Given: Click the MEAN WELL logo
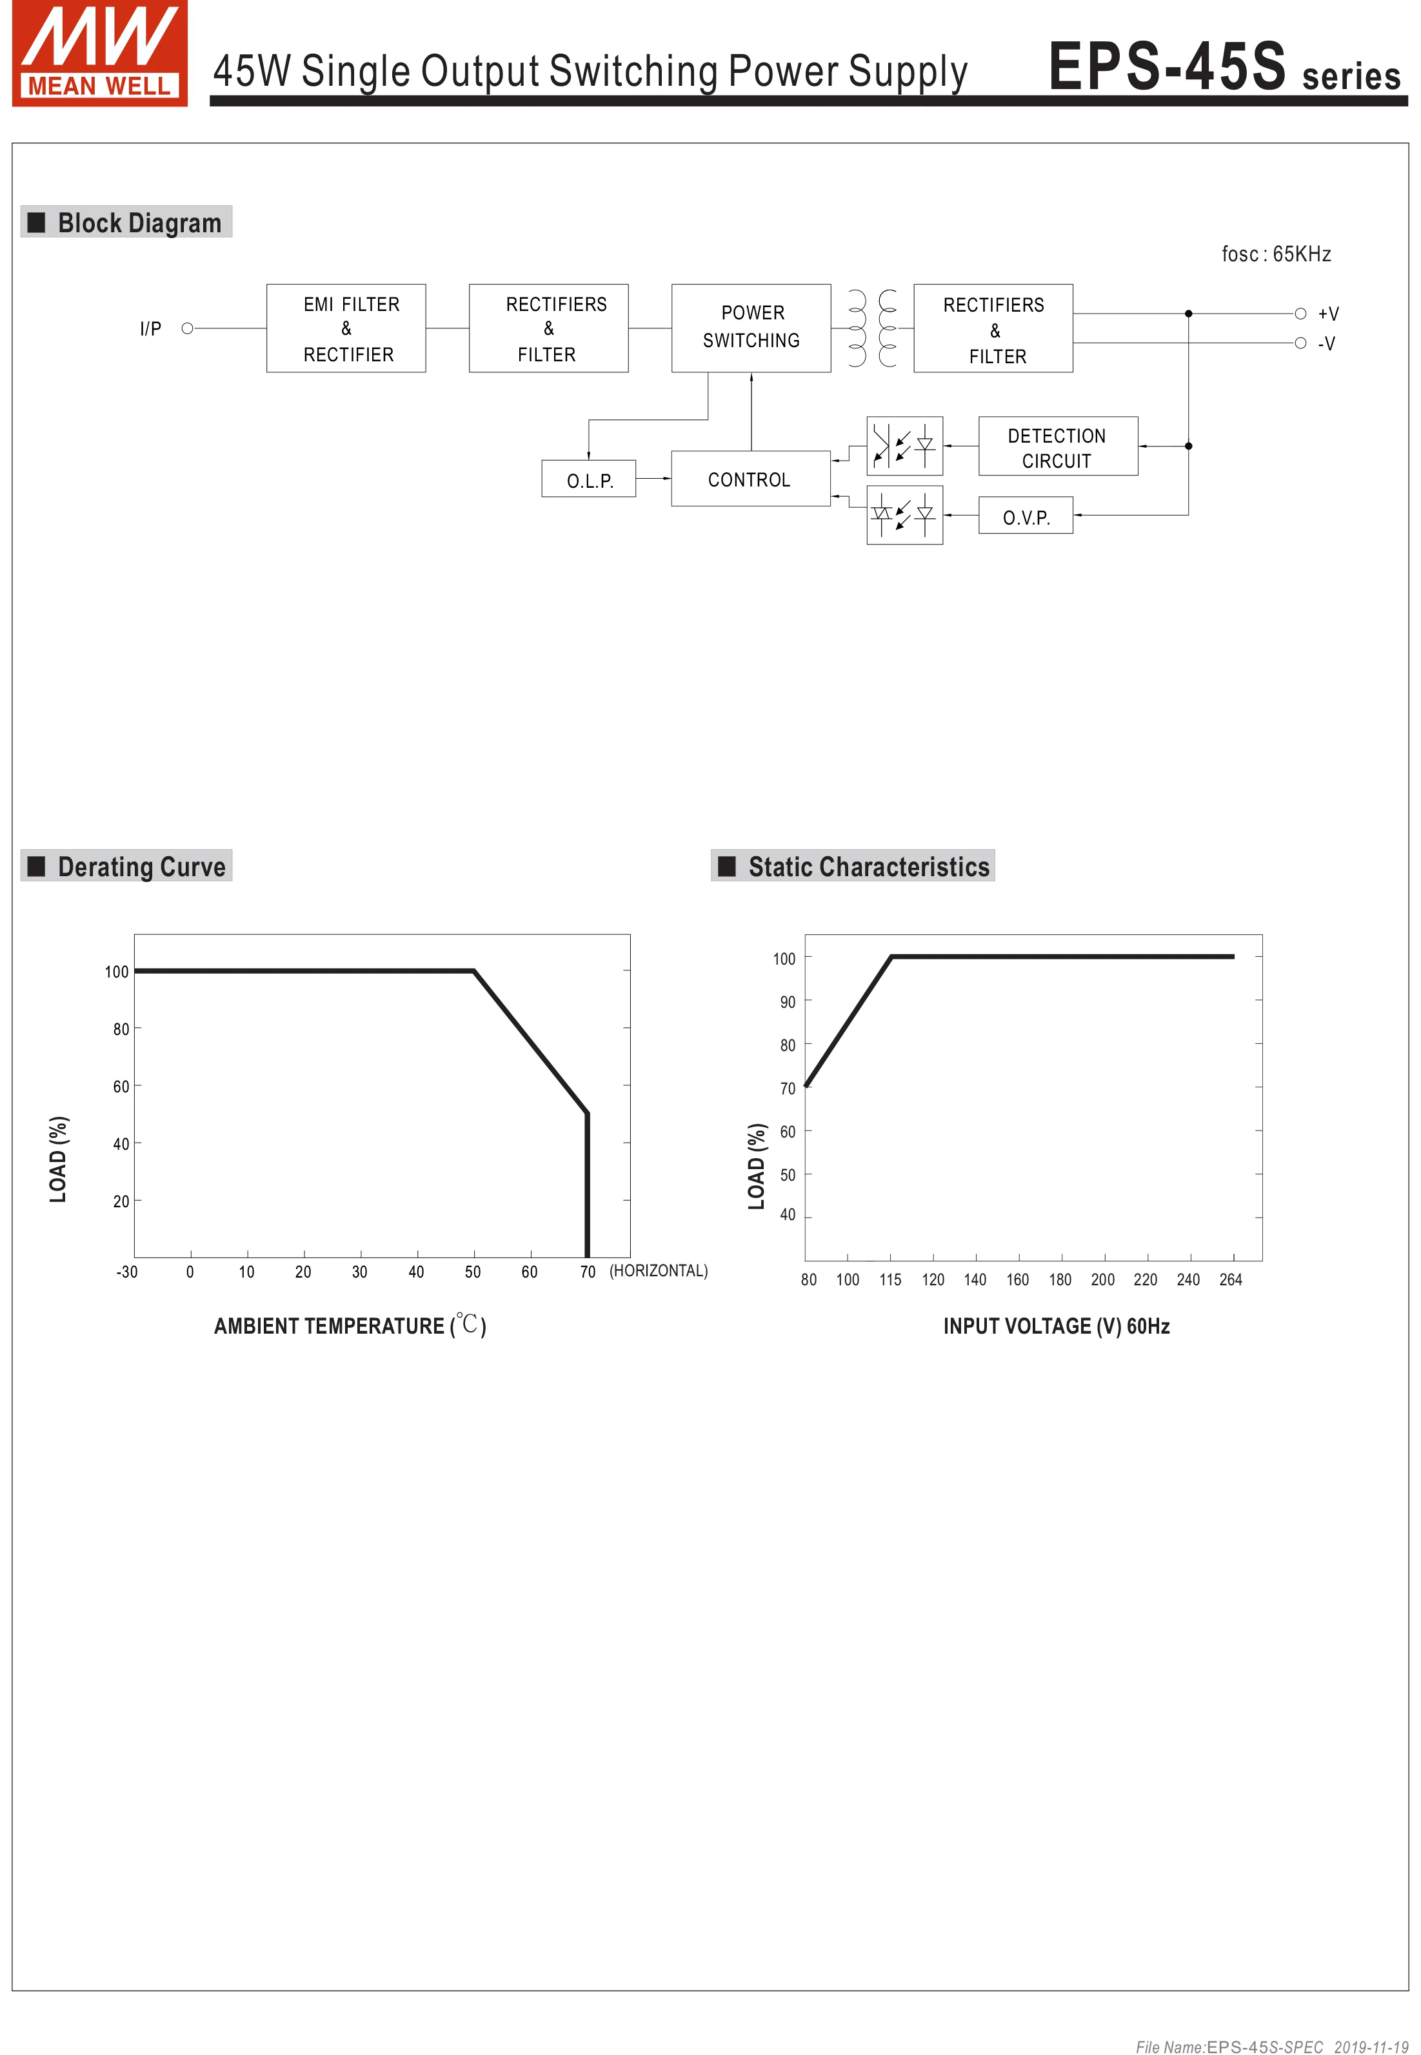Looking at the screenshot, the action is click(100, 54).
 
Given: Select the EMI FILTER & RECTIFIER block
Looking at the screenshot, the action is click(346, 328).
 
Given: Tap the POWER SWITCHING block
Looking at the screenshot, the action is click(751, 328).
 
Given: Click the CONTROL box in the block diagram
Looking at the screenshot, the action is click(750, 479).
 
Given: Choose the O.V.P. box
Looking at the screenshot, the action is click(1025, 516).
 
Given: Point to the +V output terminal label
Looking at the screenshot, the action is click(1327, 314).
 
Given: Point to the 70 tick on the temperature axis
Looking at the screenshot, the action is click(588, 1272).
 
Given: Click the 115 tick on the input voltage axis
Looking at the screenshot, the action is click(889, 1279).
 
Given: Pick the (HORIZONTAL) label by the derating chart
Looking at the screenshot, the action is click(658, 1270).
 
